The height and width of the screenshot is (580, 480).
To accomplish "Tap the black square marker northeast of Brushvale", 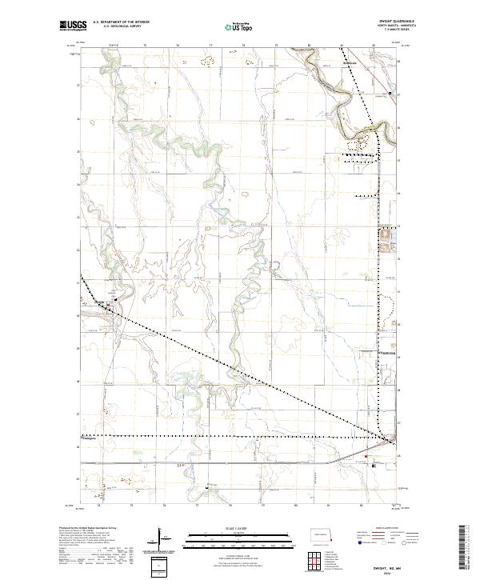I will [390, 94].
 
